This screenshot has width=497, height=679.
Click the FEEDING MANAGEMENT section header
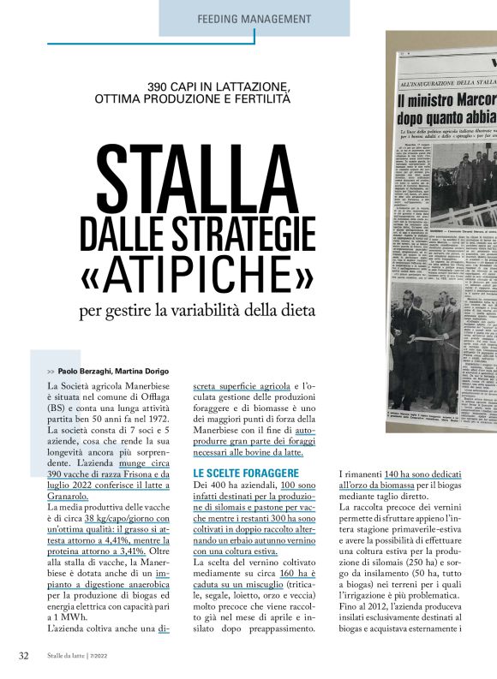coord(254,18)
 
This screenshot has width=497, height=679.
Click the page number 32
coord(24,656)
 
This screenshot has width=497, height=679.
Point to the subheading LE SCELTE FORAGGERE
coord(246,473)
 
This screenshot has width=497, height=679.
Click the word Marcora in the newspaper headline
coord(463,100)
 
